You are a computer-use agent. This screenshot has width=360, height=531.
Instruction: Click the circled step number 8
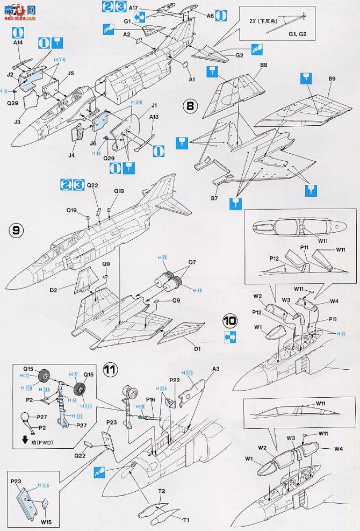click(x=189, y=106)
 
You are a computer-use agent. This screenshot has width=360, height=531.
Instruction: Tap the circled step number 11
click(x=110, y=369)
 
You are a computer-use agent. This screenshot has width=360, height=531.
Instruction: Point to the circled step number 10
click(x=230, y=321)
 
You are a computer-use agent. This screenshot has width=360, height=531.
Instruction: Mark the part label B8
click(x=263, y=66)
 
